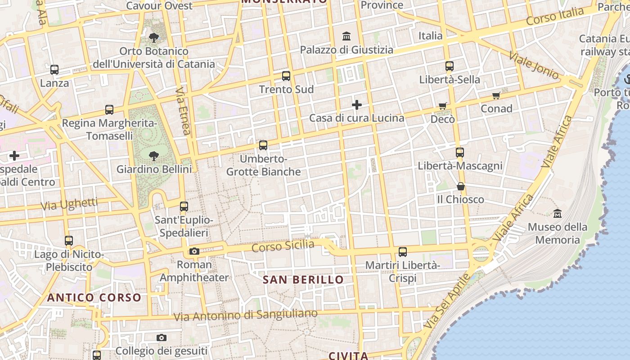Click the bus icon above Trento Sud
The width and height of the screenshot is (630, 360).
pos(286,76)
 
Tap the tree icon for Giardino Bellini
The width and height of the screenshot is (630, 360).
pos(154,156)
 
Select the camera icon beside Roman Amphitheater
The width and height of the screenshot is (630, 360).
pos(194,251)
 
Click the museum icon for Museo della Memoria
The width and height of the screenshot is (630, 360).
pos(558,213)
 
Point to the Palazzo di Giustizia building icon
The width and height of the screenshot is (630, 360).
pos(346,36)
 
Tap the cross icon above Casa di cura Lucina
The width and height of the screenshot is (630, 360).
pos(357,105)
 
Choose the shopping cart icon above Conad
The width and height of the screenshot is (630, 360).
pos(496,95)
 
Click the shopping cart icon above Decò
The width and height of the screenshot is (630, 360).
pos(443,106)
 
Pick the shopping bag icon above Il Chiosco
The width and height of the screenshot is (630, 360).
pos(461,186)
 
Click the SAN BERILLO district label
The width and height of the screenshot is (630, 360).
pos(303,280)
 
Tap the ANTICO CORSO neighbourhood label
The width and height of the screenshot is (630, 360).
pos(94,297)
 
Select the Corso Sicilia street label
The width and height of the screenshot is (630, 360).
pos(283,246)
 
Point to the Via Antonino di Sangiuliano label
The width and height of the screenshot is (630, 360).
pos(246,315)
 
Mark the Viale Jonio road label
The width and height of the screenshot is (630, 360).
pos(534,66)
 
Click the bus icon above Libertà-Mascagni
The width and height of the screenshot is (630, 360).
pos(459,153)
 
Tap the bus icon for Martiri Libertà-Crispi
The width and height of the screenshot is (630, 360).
pos(403,252)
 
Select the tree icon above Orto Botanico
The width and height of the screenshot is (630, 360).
pos(154,37)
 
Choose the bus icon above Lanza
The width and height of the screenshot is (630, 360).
pos(54,70)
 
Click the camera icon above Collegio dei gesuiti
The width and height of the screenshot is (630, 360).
pos(162,337)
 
